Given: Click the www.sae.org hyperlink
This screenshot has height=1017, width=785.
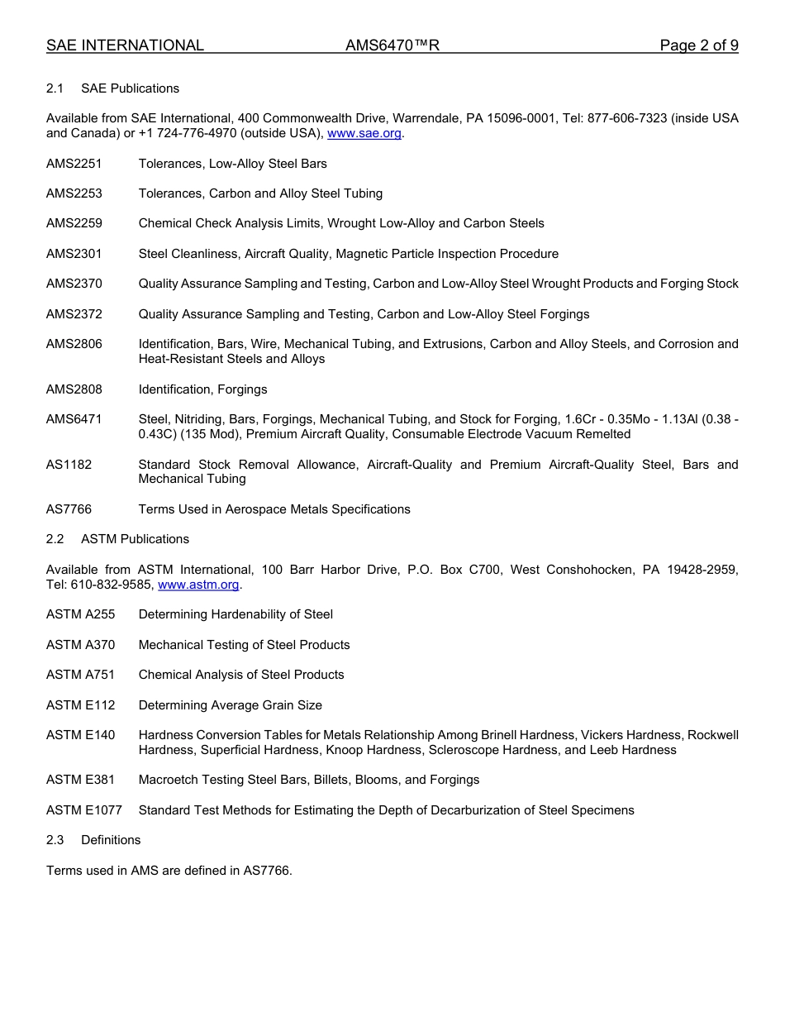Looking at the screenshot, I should (x=364, y=133).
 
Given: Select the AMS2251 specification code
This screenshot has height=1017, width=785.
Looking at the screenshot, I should (x=74, y=164).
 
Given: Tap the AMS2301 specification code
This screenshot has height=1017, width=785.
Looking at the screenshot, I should (x=74, y=254).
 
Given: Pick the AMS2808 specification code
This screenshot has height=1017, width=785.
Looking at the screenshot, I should (x=74, y=389).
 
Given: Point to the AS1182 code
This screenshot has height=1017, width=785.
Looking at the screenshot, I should (x=69, y=465).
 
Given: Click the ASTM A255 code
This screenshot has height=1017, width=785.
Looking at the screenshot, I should (x=81, y=614).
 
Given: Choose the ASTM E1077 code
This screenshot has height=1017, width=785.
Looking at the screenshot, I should (x=84, y=810).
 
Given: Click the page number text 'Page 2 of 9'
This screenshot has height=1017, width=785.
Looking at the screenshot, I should (x=699, y=45).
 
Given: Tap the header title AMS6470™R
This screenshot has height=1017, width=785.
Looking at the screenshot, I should (x=392, y=45).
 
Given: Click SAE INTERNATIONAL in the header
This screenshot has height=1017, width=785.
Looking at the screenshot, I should (x=125, y=45).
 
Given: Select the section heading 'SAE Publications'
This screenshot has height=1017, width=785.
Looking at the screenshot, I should (x=130, y=88).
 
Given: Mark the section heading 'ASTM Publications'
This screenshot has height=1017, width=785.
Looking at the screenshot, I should (x=135, y=539).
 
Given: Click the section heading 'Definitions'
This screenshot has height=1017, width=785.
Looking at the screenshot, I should (x=111, y=840).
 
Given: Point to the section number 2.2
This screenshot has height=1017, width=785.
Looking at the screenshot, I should (x=55, y=539).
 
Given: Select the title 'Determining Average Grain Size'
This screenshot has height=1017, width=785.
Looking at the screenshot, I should (x=231, y=705).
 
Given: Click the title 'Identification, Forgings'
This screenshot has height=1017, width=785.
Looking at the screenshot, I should (x=203, y=389).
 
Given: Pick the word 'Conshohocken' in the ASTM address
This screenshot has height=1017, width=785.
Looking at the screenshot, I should (x=585, y=570).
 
